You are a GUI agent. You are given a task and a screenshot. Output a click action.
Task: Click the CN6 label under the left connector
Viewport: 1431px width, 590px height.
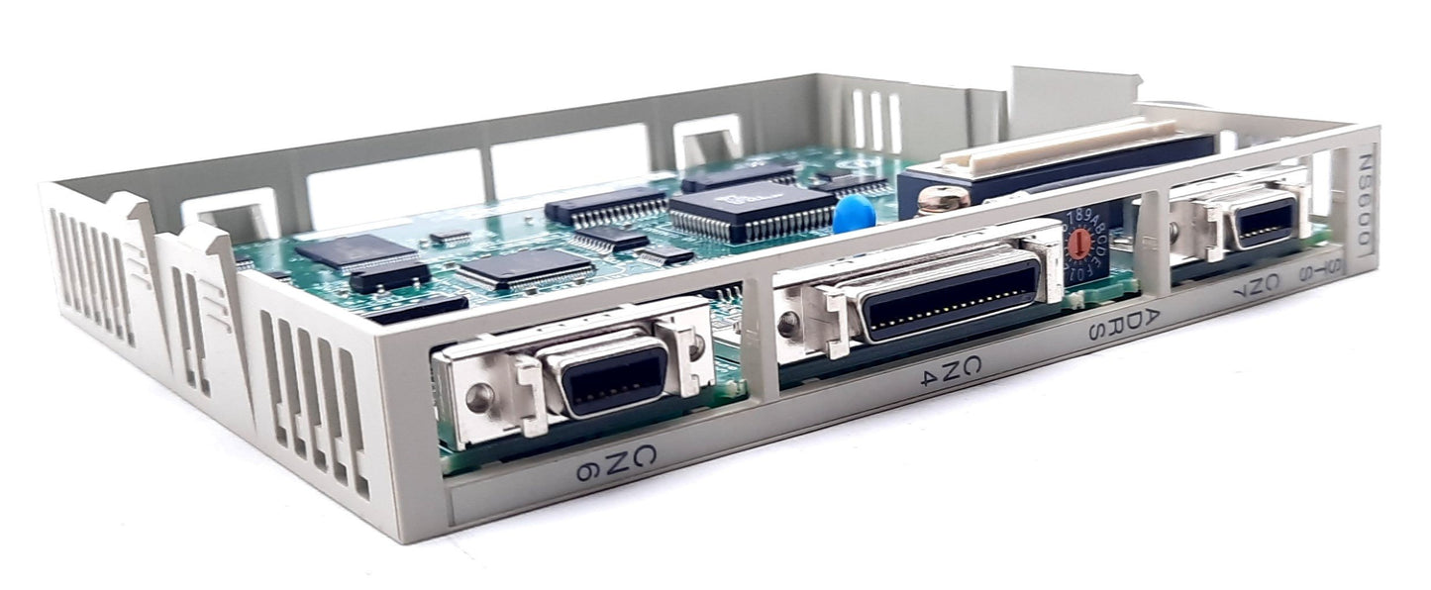(616, 463)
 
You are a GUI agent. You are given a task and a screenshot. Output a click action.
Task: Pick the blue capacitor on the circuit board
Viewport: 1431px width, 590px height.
(853, 214)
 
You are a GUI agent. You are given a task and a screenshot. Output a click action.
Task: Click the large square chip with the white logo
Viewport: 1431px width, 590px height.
(753, 211)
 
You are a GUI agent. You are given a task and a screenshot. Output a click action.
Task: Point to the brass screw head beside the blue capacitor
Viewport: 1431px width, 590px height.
(942, 201)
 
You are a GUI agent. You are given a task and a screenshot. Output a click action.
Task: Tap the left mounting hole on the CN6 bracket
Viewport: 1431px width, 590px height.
(479, 399)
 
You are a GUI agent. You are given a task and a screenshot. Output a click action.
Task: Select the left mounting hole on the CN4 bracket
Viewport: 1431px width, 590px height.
(789, 321)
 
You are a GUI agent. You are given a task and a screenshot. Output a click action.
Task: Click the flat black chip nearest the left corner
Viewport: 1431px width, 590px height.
(357, 252)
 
